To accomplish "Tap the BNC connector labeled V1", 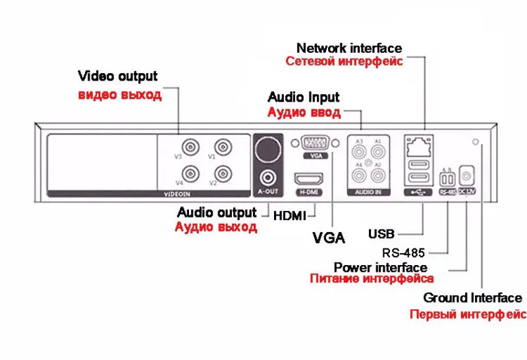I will tap(223, 147).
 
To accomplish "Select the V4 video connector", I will tap(188, 173).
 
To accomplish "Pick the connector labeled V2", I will tap(223, 173).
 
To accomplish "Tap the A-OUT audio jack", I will tap(268, 176).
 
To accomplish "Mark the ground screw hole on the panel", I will tap(477, 143).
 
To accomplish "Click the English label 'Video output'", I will tap(118, 76).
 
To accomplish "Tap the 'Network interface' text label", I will tap(349, 48).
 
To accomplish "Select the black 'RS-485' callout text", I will tap(405, 252).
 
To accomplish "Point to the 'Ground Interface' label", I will tap(472, 298).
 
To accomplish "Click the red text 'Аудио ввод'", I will tap(304, 112).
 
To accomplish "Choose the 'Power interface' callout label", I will tap(380, 267).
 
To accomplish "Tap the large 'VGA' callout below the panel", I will tap(328, 238).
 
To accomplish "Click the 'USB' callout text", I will tap(382, 233).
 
